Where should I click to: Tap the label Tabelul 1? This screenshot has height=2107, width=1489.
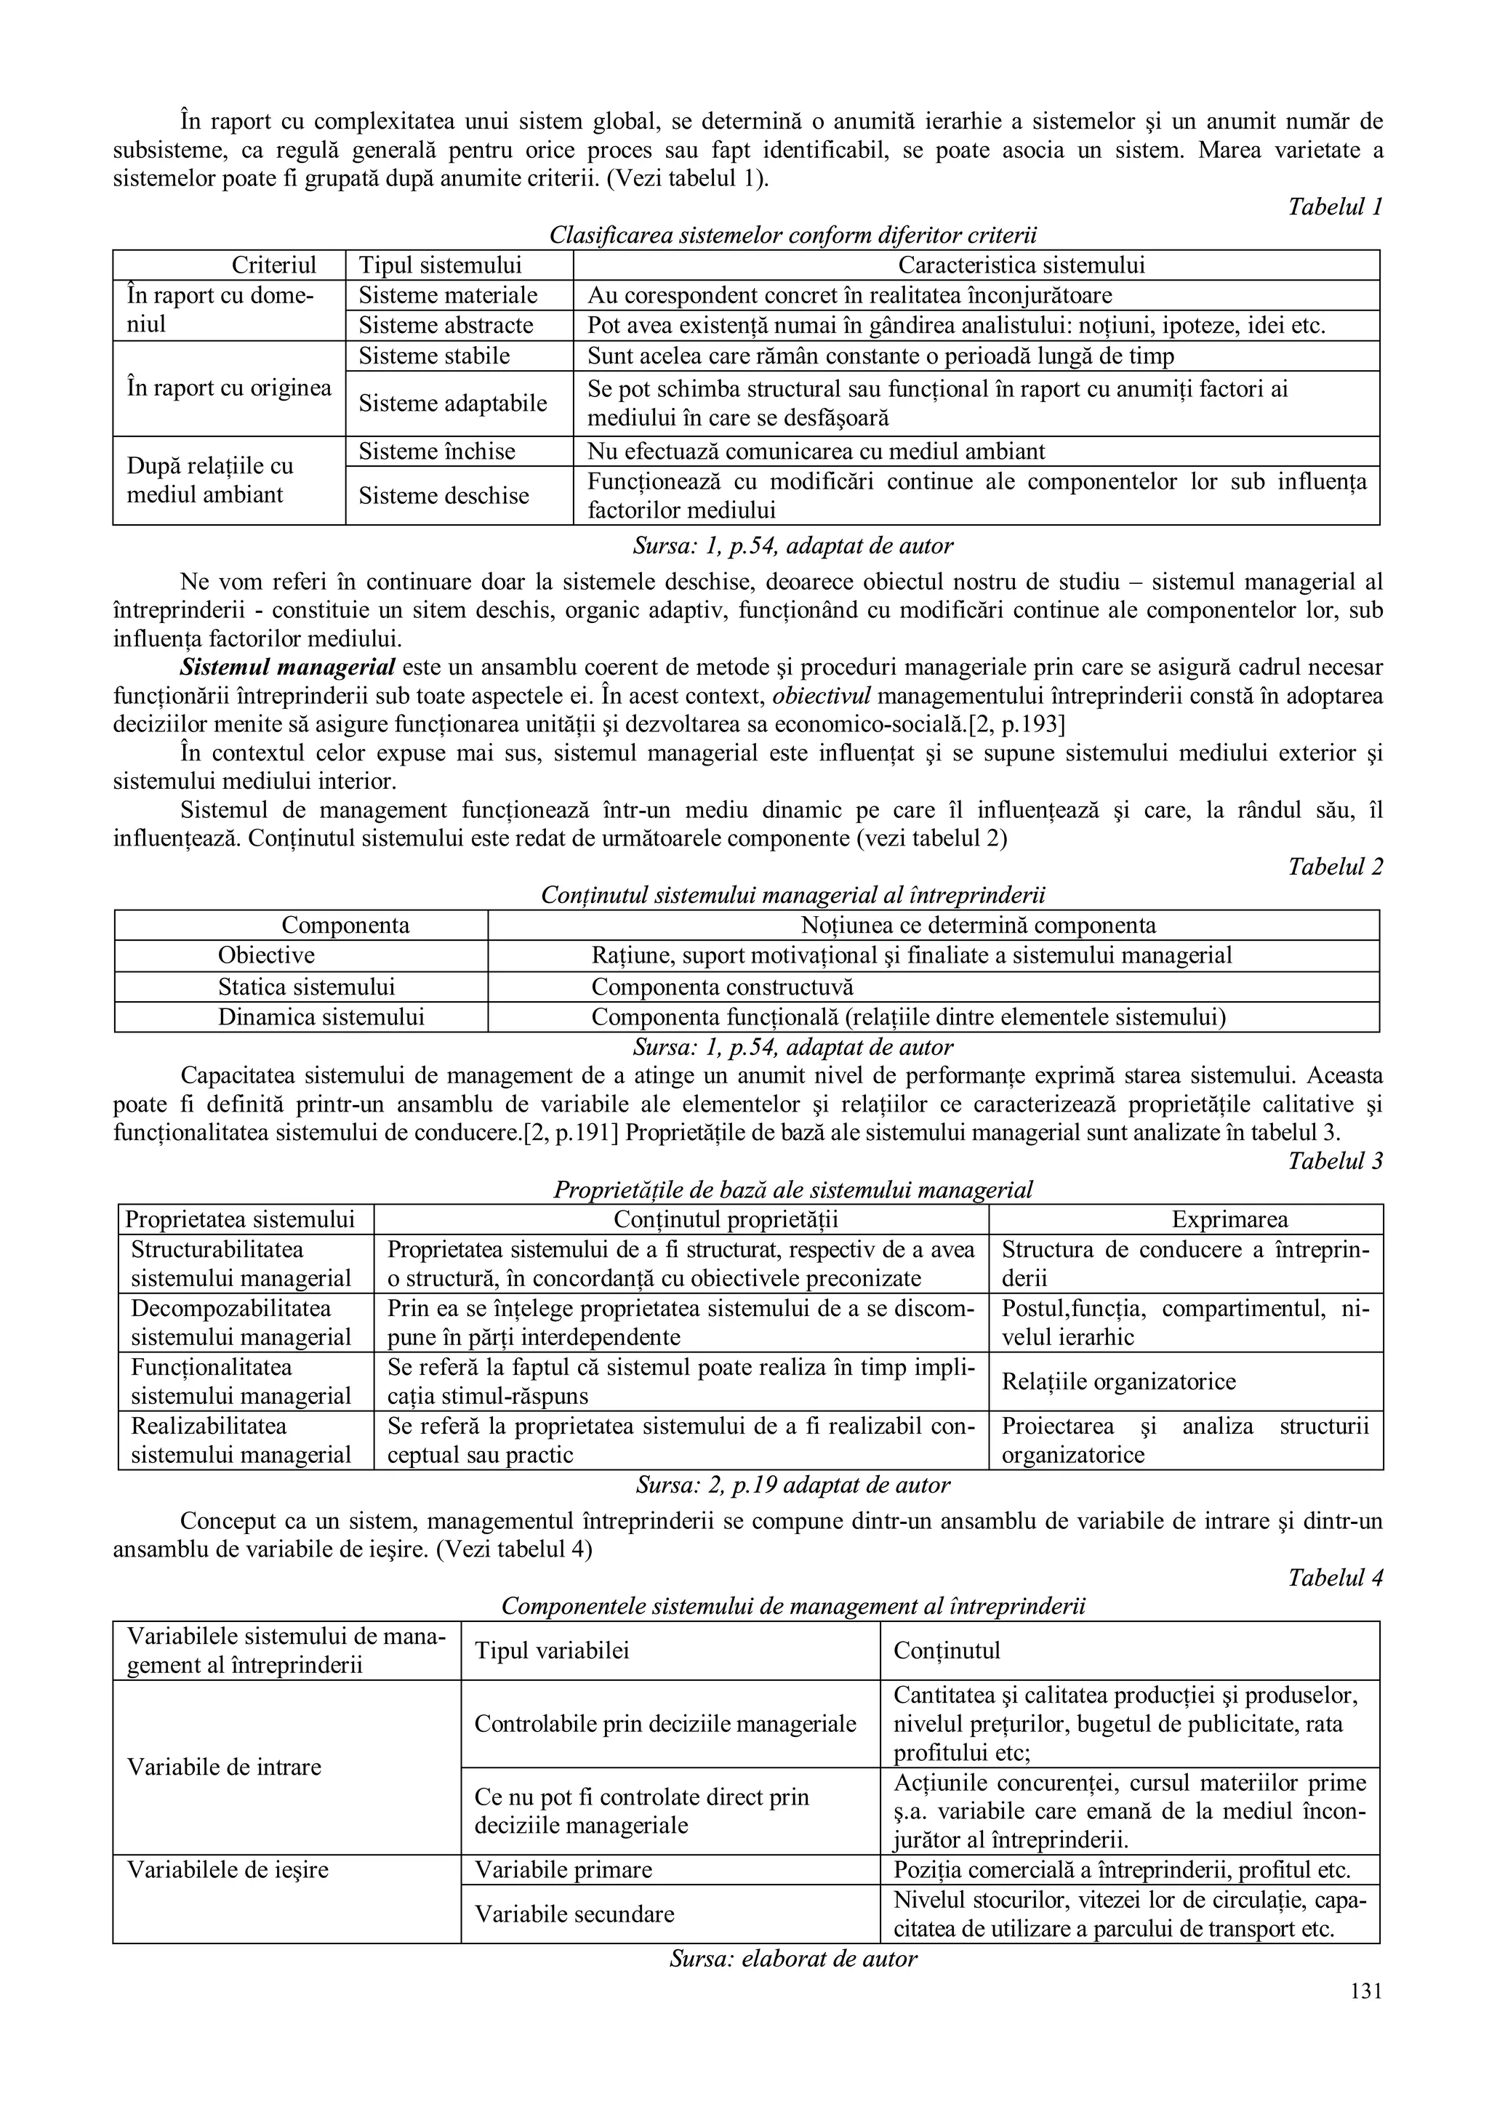pos(1335,206)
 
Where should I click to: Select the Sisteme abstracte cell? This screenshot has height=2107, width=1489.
pos(445,326)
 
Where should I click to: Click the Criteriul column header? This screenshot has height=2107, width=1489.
pos(273,266)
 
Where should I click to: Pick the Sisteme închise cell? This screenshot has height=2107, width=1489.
pos(437,451)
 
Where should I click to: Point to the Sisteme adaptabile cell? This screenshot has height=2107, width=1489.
pos(452,404)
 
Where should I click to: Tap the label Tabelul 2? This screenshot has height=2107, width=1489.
pos(1335,867)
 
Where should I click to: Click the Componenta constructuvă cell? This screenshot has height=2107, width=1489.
pos(722,987)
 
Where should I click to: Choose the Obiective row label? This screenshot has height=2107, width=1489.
pos(266,956)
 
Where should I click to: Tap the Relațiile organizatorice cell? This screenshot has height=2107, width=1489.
pos(1118,1382)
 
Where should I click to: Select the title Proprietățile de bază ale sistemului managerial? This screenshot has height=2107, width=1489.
pos(792,1190)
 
